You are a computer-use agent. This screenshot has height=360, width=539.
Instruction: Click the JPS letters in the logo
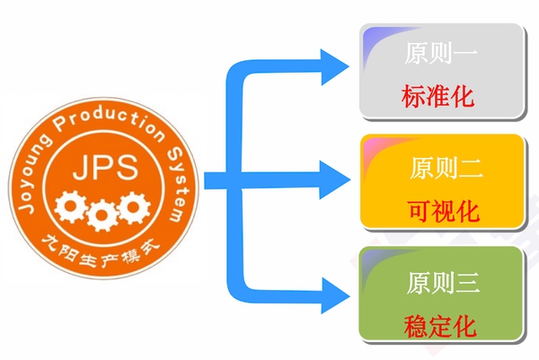(x=99, y=168)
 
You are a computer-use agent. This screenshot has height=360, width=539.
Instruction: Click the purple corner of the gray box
(x=371, y=38)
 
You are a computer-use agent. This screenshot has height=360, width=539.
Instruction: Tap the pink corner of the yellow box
(x=371, y=146)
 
